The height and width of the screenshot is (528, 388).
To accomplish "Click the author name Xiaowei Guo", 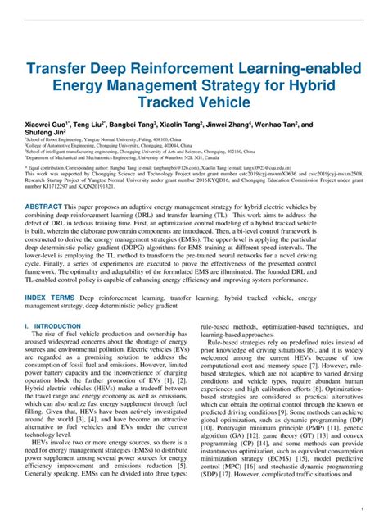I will click(48, 128).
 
